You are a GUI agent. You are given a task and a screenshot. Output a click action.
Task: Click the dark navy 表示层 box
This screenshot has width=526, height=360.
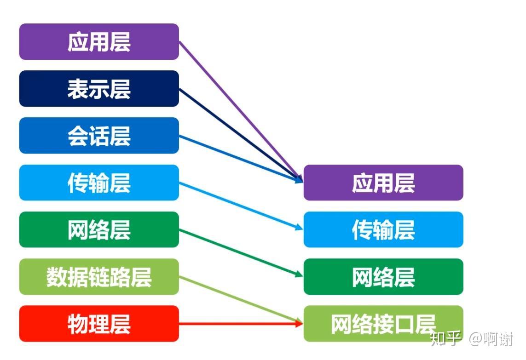[99, 88]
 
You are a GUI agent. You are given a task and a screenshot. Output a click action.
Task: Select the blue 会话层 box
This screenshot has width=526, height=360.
[99, 136]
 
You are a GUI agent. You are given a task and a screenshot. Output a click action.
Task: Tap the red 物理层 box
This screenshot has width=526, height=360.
[99, 324]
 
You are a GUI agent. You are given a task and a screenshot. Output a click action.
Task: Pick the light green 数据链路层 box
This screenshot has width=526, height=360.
[99, 276]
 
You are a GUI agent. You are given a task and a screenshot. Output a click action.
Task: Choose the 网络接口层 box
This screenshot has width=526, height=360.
[383, 324]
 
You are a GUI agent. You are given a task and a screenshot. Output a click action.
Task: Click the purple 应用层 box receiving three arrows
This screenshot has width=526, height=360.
[383, 183]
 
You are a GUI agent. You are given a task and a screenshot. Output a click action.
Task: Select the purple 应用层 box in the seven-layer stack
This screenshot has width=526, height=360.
[99, 41]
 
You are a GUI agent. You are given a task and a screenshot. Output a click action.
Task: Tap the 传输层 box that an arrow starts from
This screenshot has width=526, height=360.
[99, 183]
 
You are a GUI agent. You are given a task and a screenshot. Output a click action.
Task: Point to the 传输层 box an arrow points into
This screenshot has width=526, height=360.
[383, 229]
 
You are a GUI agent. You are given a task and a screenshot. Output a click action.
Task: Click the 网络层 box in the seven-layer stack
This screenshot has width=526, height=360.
[99, 229]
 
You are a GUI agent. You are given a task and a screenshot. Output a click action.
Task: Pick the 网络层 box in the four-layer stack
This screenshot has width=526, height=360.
[383, 276]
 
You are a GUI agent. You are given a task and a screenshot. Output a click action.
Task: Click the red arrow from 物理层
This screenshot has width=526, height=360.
[241, 324]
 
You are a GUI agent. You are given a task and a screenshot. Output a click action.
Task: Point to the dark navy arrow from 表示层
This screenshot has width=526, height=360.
[241, 135]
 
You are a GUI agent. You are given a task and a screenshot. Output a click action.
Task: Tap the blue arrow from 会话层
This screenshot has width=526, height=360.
[241, 159]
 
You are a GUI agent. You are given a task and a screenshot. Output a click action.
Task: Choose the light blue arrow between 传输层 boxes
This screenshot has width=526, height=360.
[241, 206]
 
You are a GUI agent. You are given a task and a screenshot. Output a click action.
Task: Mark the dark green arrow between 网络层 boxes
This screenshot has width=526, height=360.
[241, 253]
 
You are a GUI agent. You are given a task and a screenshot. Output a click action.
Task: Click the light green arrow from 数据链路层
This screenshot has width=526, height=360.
[241, 300]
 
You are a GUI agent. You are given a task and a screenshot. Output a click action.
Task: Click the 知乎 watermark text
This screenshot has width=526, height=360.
[445, 339]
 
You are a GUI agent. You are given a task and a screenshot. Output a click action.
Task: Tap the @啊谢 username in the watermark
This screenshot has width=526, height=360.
[491, 339]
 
